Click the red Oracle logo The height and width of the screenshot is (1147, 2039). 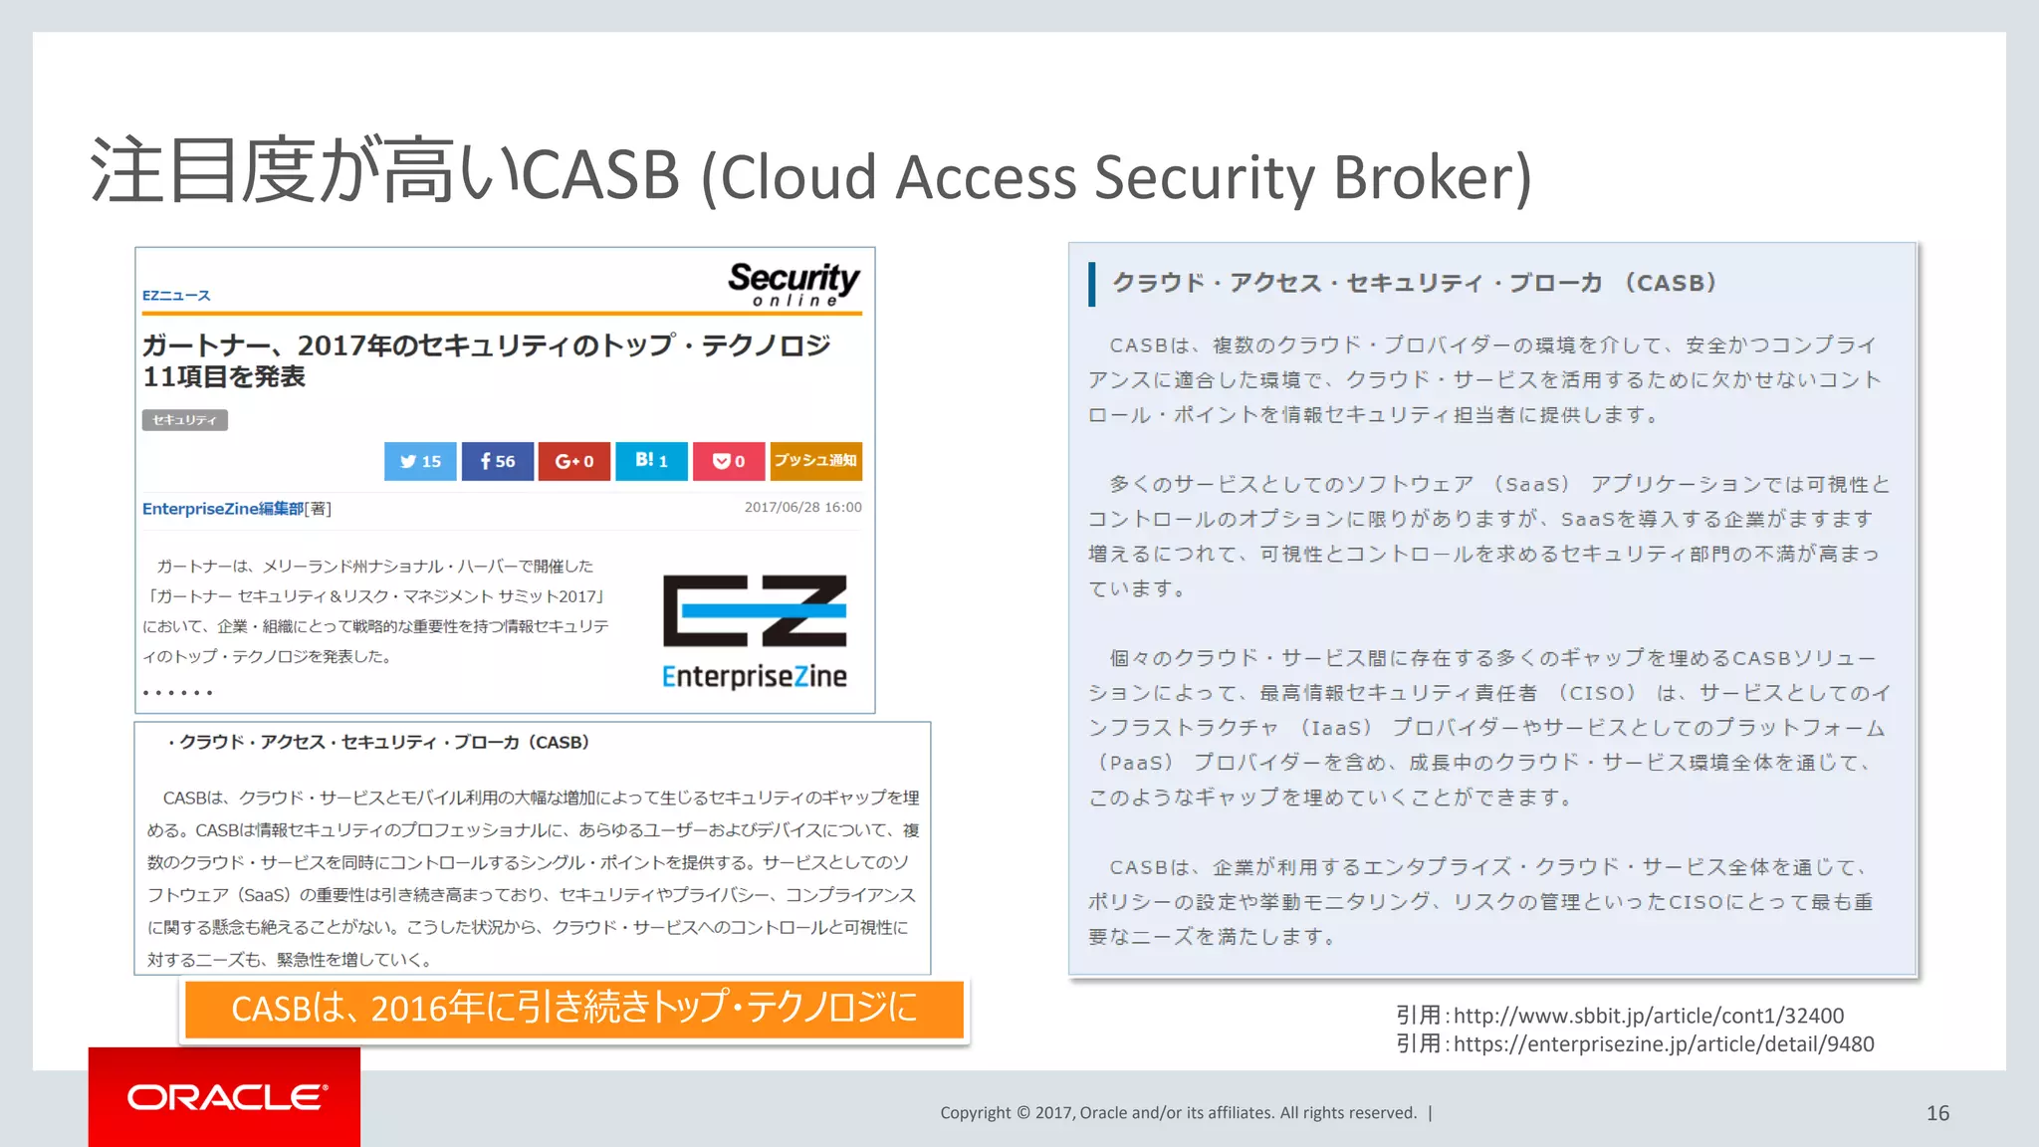tap(225, 1097)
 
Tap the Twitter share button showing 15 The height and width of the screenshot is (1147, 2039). tap(420, 461)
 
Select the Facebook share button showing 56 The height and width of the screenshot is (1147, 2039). tap(497, 461)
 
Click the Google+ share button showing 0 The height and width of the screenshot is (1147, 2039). tap(573, 461)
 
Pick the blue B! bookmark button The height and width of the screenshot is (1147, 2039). tap(651, 461)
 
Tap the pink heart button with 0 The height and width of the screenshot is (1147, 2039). tap(729, 461)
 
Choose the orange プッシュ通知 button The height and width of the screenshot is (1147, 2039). tap(815, 461)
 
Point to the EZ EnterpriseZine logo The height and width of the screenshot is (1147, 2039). tap(755, 631)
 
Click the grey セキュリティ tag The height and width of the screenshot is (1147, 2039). tap(184, 420)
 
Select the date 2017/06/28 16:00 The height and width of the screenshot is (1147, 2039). tap(802, 507)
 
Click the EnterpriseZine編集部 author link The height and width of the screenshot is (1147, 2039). tap(223, 509)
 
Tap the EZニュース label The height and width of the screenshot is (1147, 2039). tap(176, 296)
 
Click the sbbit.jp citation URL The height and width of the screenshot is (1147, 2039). tap(1648, 1016)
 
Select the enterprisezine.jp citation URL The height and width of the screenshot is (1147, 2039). tap(1663, 1043)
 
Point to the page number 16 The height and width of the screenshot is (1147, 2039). tap(1937, 1113)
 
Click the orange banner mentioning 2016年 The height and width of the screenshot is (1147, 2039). tap(573, 1009)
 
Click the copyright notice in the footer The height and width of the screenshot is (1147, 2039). tap(1178, 1113)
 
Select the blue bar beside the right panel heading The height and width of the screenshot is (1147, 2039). tap(1092, 284)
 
